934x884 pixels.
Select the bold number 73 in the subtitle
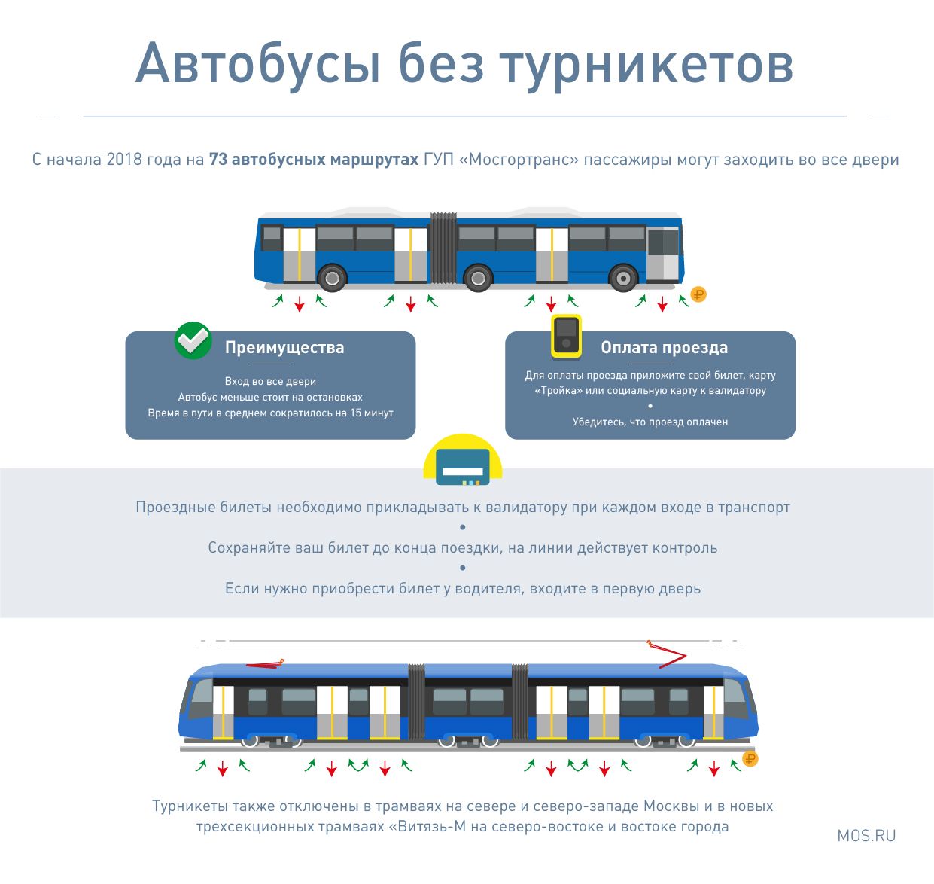coord(218,159)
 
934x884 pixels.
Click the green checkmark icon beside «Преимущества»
coord(193,340)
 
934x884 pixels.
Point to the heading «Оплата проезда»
coord(664,347)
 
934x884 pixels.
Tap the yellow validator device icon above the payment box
coord(566,336)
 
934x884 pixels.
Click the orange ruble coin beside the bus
coord(698,294)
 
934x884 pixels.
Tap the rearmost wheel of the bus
coord(332,278)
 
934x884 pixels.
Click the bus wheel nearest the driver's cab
coord(623,278)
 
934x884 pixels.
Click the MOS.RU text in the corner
coord(866,835)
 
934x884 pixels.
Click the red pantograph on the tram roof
coord(667,654)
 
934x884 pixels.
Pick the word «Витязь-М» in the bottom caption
coord(427,826)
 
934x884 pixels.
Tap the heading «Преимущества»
coord(284,347)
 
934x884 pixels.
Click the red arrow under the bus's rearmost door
coord(300,303)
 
